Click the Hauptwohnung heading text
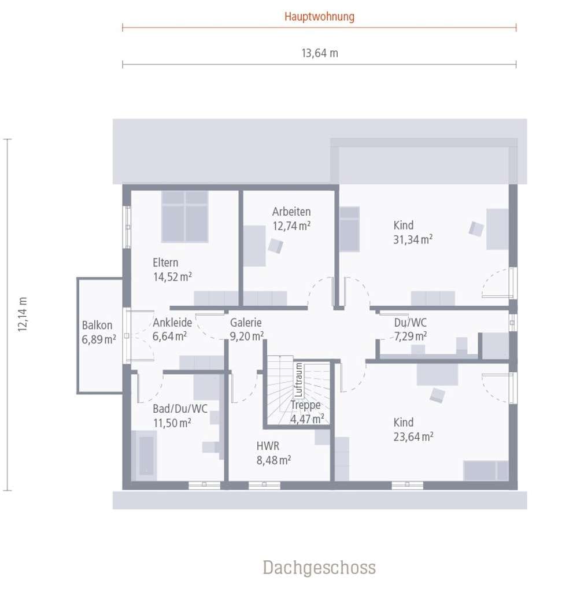[319, 17]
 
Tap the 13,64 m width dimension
[319, 53]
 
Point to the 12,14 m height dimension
[23, 314]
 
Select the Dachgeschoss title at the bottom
[319, 567]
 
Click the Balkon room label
[97, 325]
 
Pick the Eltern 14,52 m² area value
[172, 277]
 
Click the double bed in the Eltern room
[185, 216]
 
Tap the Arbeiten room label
[291, 212]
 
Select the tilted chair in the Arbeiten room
[276, 246]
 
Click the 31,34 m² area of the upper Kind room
[413, 240]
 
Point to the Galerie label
[246, 323]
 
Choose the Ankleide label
[172, 323]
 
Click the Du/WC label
[411, 323]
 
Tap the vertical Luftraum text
[298, 380]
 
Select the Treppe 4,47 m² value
[307, 419]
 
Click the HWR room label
[268, 446]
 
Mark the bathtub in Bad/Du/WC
[144, 456]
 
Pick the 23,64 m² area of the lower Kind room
[413, 437]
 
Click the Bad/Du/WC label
[180, 409]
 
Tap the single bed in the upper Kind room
[349, 229]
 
